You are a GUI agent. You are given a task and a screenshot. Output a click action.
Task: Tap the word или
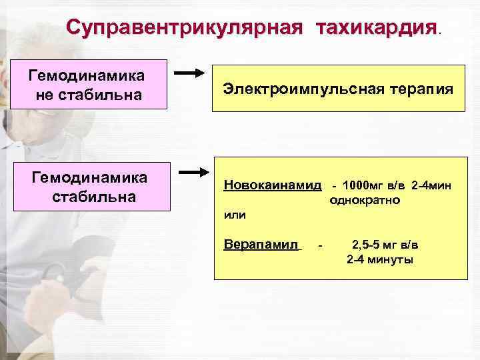[235, 215]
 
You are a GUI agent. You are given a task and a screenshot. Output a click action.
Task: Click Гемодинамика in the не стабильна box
[88, 74]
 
